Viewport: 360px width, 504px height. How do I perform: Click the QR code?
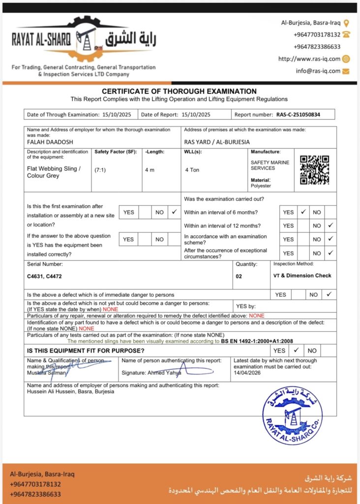point(314,170)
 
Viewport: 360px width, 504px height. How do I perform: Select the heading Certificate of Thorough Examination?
point(179,91)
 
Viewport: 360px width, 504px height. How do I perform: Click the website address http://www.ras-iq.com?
point(309,59)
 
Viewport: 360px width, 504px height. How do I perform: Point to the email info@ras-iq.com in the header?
point(318,71)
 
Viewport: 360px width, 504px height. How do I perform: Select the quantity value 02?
point(239,277)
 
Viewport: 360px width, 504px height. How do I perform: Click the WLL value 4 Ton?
point(192,170)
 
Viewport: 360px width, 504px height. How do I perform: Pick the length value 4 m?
point(150,170)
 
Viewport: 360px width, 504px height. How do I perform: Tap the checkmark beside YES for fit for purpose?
point(296,350)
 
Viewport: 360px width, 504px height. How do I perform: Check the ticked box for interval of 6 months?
point(303,212)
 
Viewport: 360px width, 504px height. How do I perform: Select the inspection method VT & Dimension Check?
point(302,276)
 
